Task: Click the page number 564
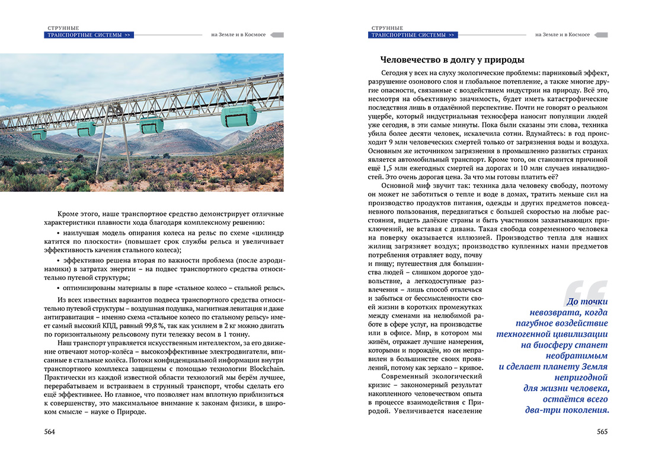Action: click(x=50, y=432)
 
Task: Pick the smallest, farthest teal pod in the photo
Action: click(x=40, y=134)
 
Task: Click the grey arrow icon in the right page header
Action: click(x=600, y=35)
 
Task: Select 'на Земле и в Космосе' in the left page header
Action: click(x=238, y=34)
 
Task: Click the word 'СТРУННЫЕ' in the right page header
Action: click(x=387, y=27)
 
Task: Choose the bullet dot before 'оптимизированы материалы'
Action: click(x=66, y=287)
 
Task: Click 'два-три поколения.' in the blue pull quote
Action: click(x=567, y=410)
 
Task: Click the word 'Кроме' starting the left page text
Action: click(x=69, y=212)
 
